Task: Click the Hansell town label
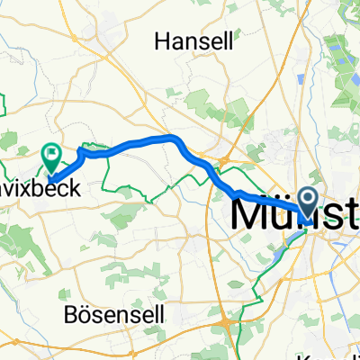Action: coord(194,40)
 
